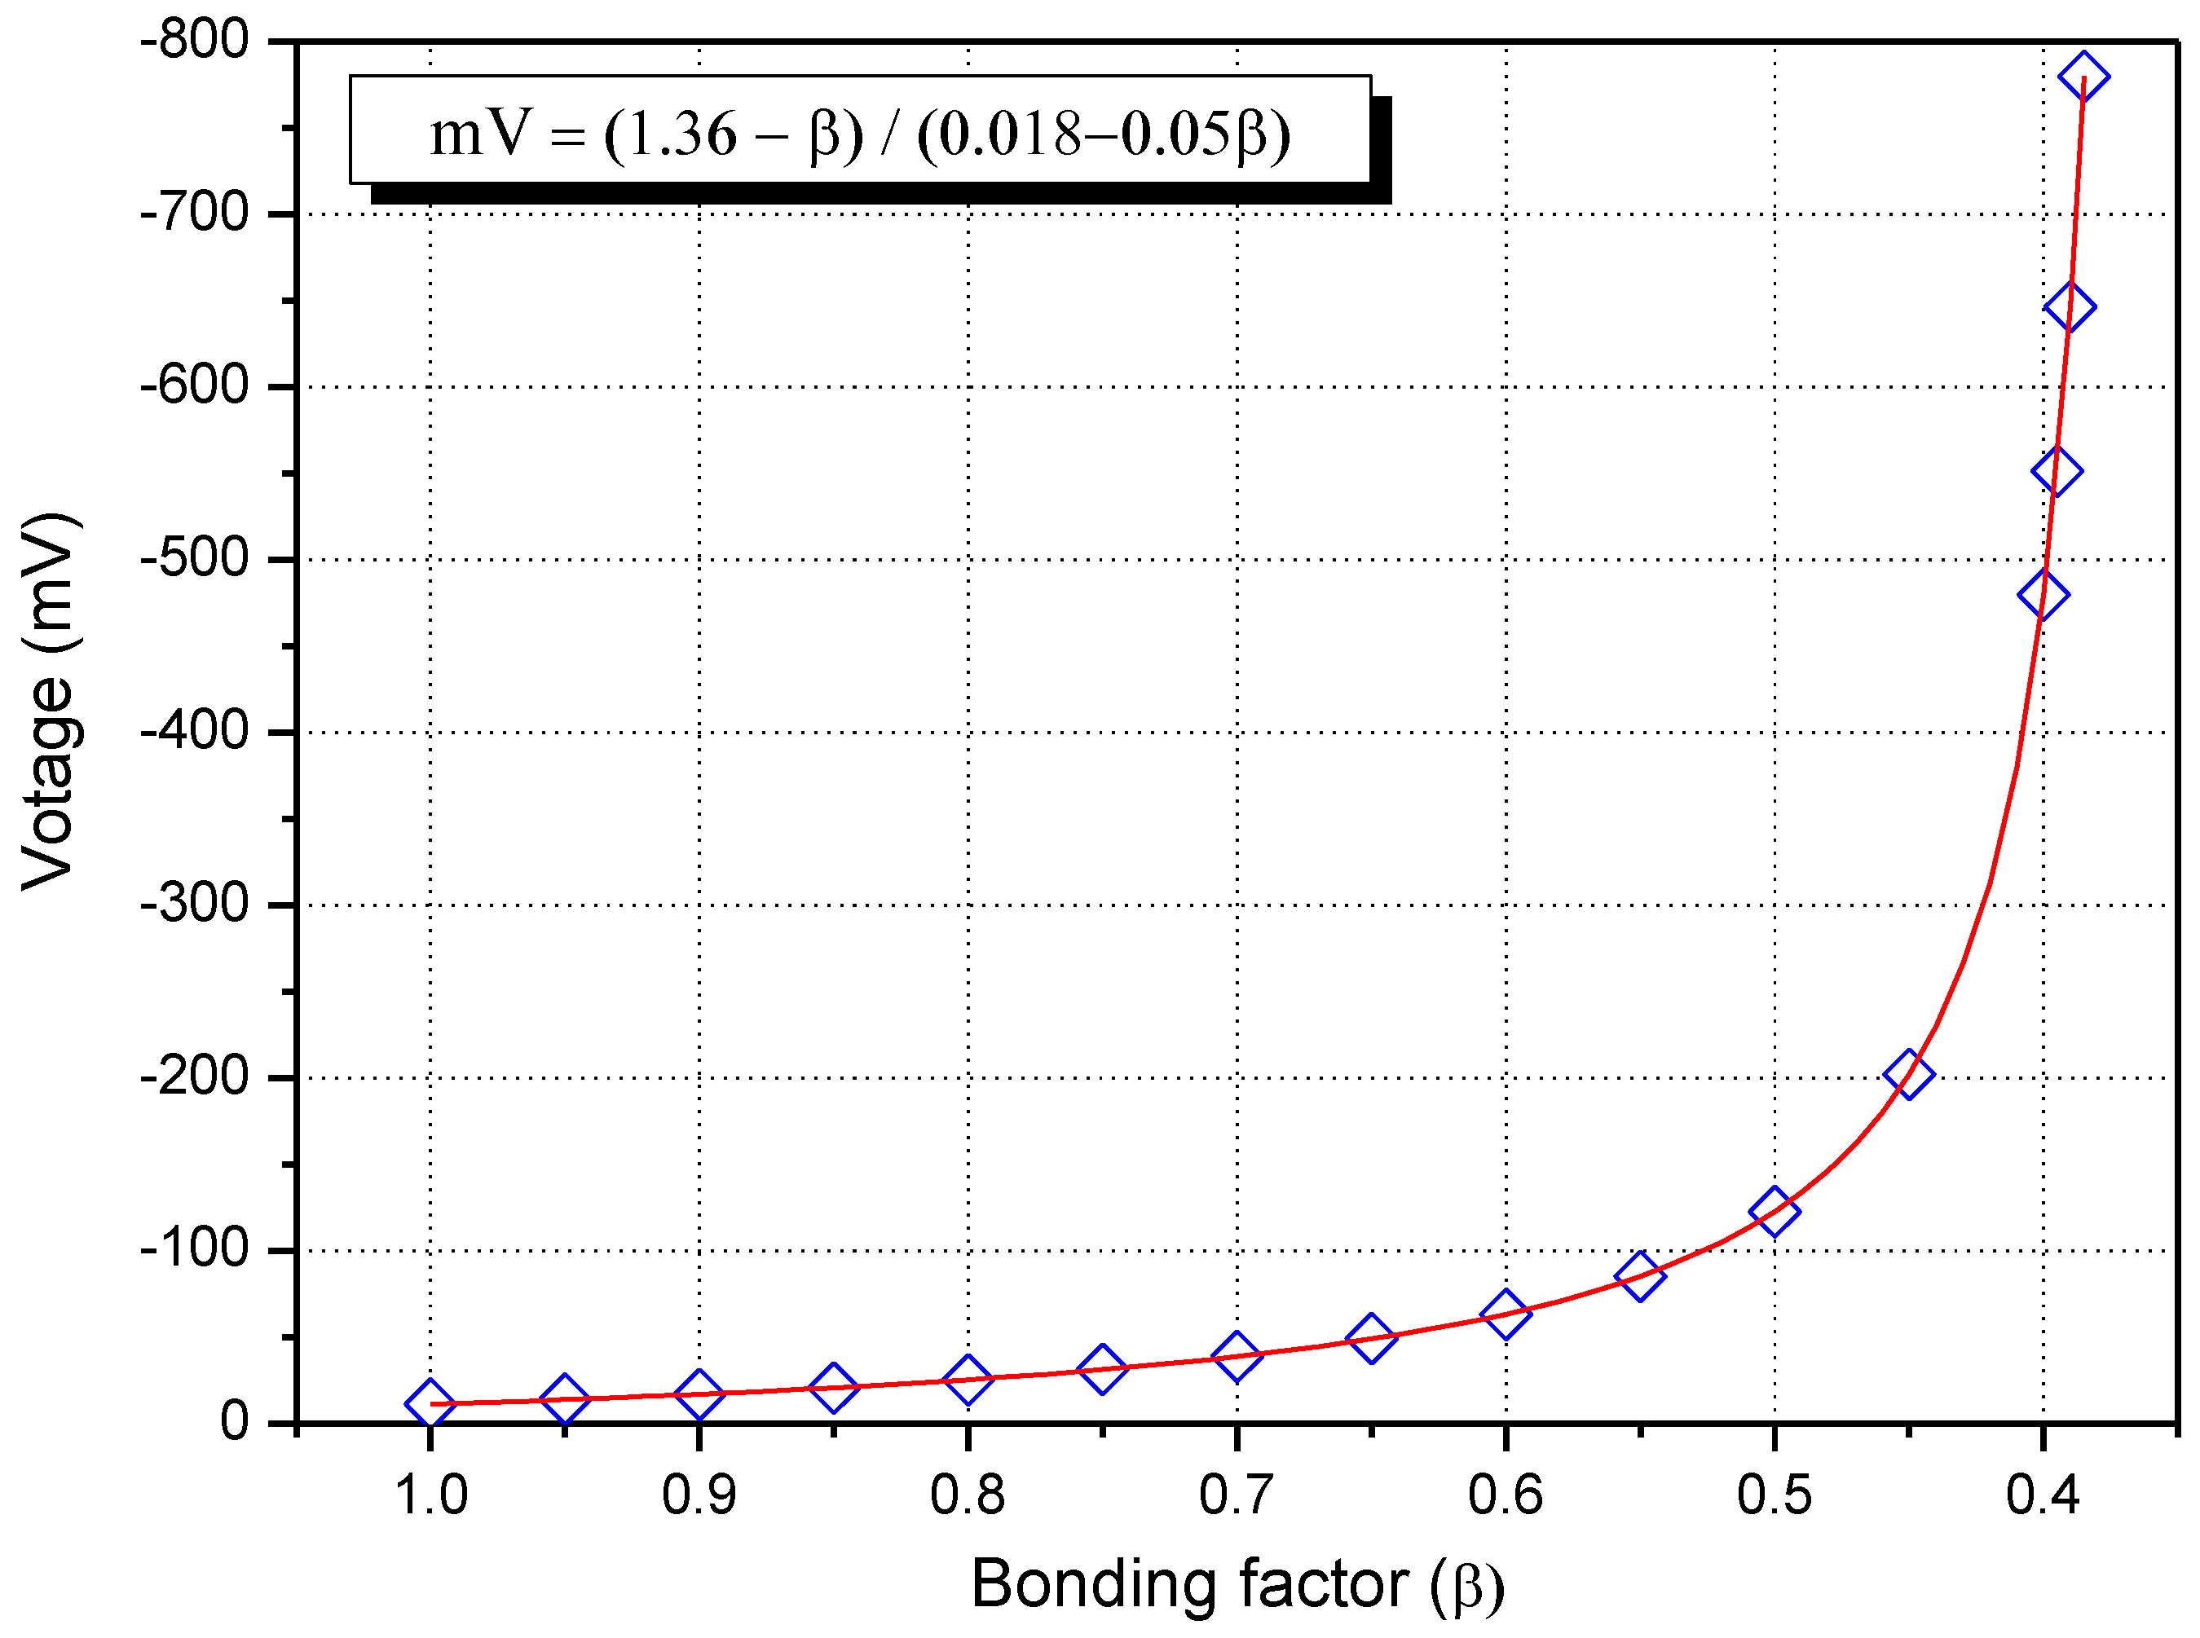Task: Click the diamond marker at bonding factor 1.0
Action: (430, 1403)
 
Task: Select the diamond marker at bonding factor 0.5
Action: (1775, 1212)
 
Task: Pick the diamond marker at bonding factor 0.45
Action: (1908, 1074)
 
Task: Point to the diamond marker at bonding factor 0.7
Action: (1237, 1355)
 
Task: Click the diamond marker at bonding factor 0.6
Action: (1506, 1314)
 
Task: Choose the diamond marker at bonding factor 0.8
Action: (968, 1379)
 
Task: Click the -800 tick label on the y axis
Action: (196, 42)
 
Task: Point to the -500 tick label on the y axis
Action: (196, 560)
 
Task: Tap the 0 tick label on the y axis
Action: (234, 1423)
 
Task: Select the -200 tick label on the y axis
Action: (196, 1078)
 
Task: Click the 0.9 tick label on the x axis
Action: (699, 1495)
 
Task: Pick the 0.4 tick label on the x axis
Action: (2043, 1495)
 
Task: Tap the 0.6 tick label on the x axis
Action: (1505, 1495)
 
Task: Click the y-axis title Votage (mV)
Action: (50, 701)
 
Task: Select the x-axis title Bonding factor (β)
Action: (1237, 1584)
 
